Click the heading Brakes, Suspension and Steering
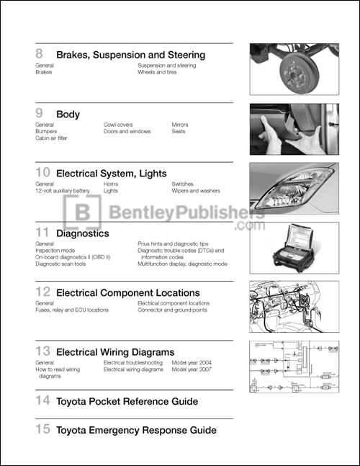[130, 55]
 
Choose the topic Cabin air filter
[55, 138]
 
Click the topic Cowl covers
[118, 125]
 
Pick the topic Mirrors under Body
[180, 125]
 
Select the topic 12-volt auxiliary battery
[62, 191]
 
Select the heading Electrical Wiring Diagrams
[115, 352]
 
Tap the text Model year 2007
[192, 369]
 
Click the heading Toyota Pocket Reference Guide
[127, 401]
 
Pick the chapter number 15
[42, 430]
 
